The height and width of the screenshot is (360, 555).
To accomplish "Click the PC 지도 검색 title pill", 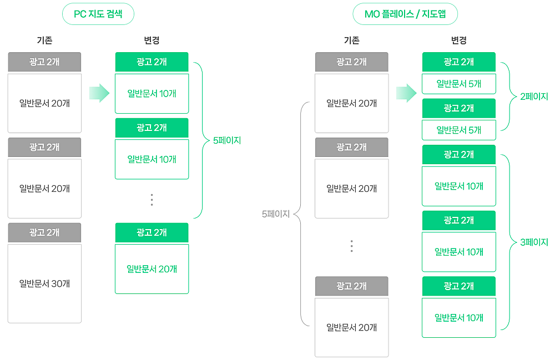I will tap(98, 14).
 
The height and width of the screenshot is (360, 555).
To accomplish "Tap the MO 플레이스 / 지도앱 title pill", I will tap(405, 14).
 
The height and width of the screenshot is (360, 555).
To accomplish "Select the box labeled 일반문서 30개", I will tap(44, 283).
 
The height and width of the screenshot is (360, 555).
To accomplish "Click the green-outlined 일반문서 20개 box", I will tap(152, 269).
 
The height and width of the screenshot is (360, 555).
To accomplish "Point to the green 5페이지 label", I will tap(227, 141).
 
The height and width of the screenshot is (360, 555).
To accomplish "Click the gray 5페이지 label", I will tap(276, 214).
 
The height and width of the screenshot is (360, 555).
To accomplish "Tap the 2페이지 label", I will tap(534, 97).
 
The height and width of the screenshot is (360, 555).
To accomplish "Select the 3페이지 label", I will tap(534, 242).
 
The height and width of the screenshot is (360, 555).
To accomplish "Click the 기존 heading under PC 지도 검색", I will tap(44, 40).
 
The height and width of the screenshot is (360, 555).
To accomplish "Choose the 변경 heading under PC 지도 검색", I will tap(152, 40).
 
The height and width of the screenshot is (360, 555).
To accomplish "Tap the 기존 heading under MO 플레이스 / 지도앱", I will tap(351, 40).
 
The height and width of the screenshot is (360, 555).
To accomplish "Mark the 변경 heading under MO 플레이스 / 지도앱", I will tap(458, 40).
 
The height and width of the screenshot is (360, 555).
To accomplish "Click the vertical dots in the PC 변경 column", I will tap(152, 200).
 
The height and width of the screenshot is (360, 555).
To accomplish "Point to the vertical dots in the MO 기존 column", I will tap(351, 246).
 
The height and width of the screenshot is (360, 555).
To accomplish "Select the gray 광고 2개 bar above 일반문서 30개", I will tap(44, 232).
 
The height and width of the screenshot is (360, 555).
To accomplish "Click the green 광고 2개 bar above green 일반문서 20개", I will tap(152, 232).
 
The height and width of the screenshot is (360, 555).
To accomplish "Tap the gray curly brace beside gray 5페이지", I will tap(300, 214).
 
